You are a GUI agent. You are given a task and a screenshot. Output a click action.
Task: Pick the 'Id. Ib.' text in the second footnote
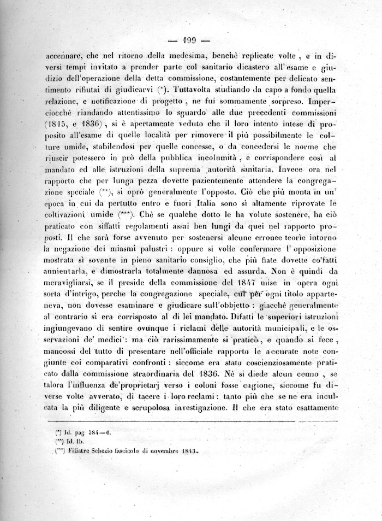point(77,442)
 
